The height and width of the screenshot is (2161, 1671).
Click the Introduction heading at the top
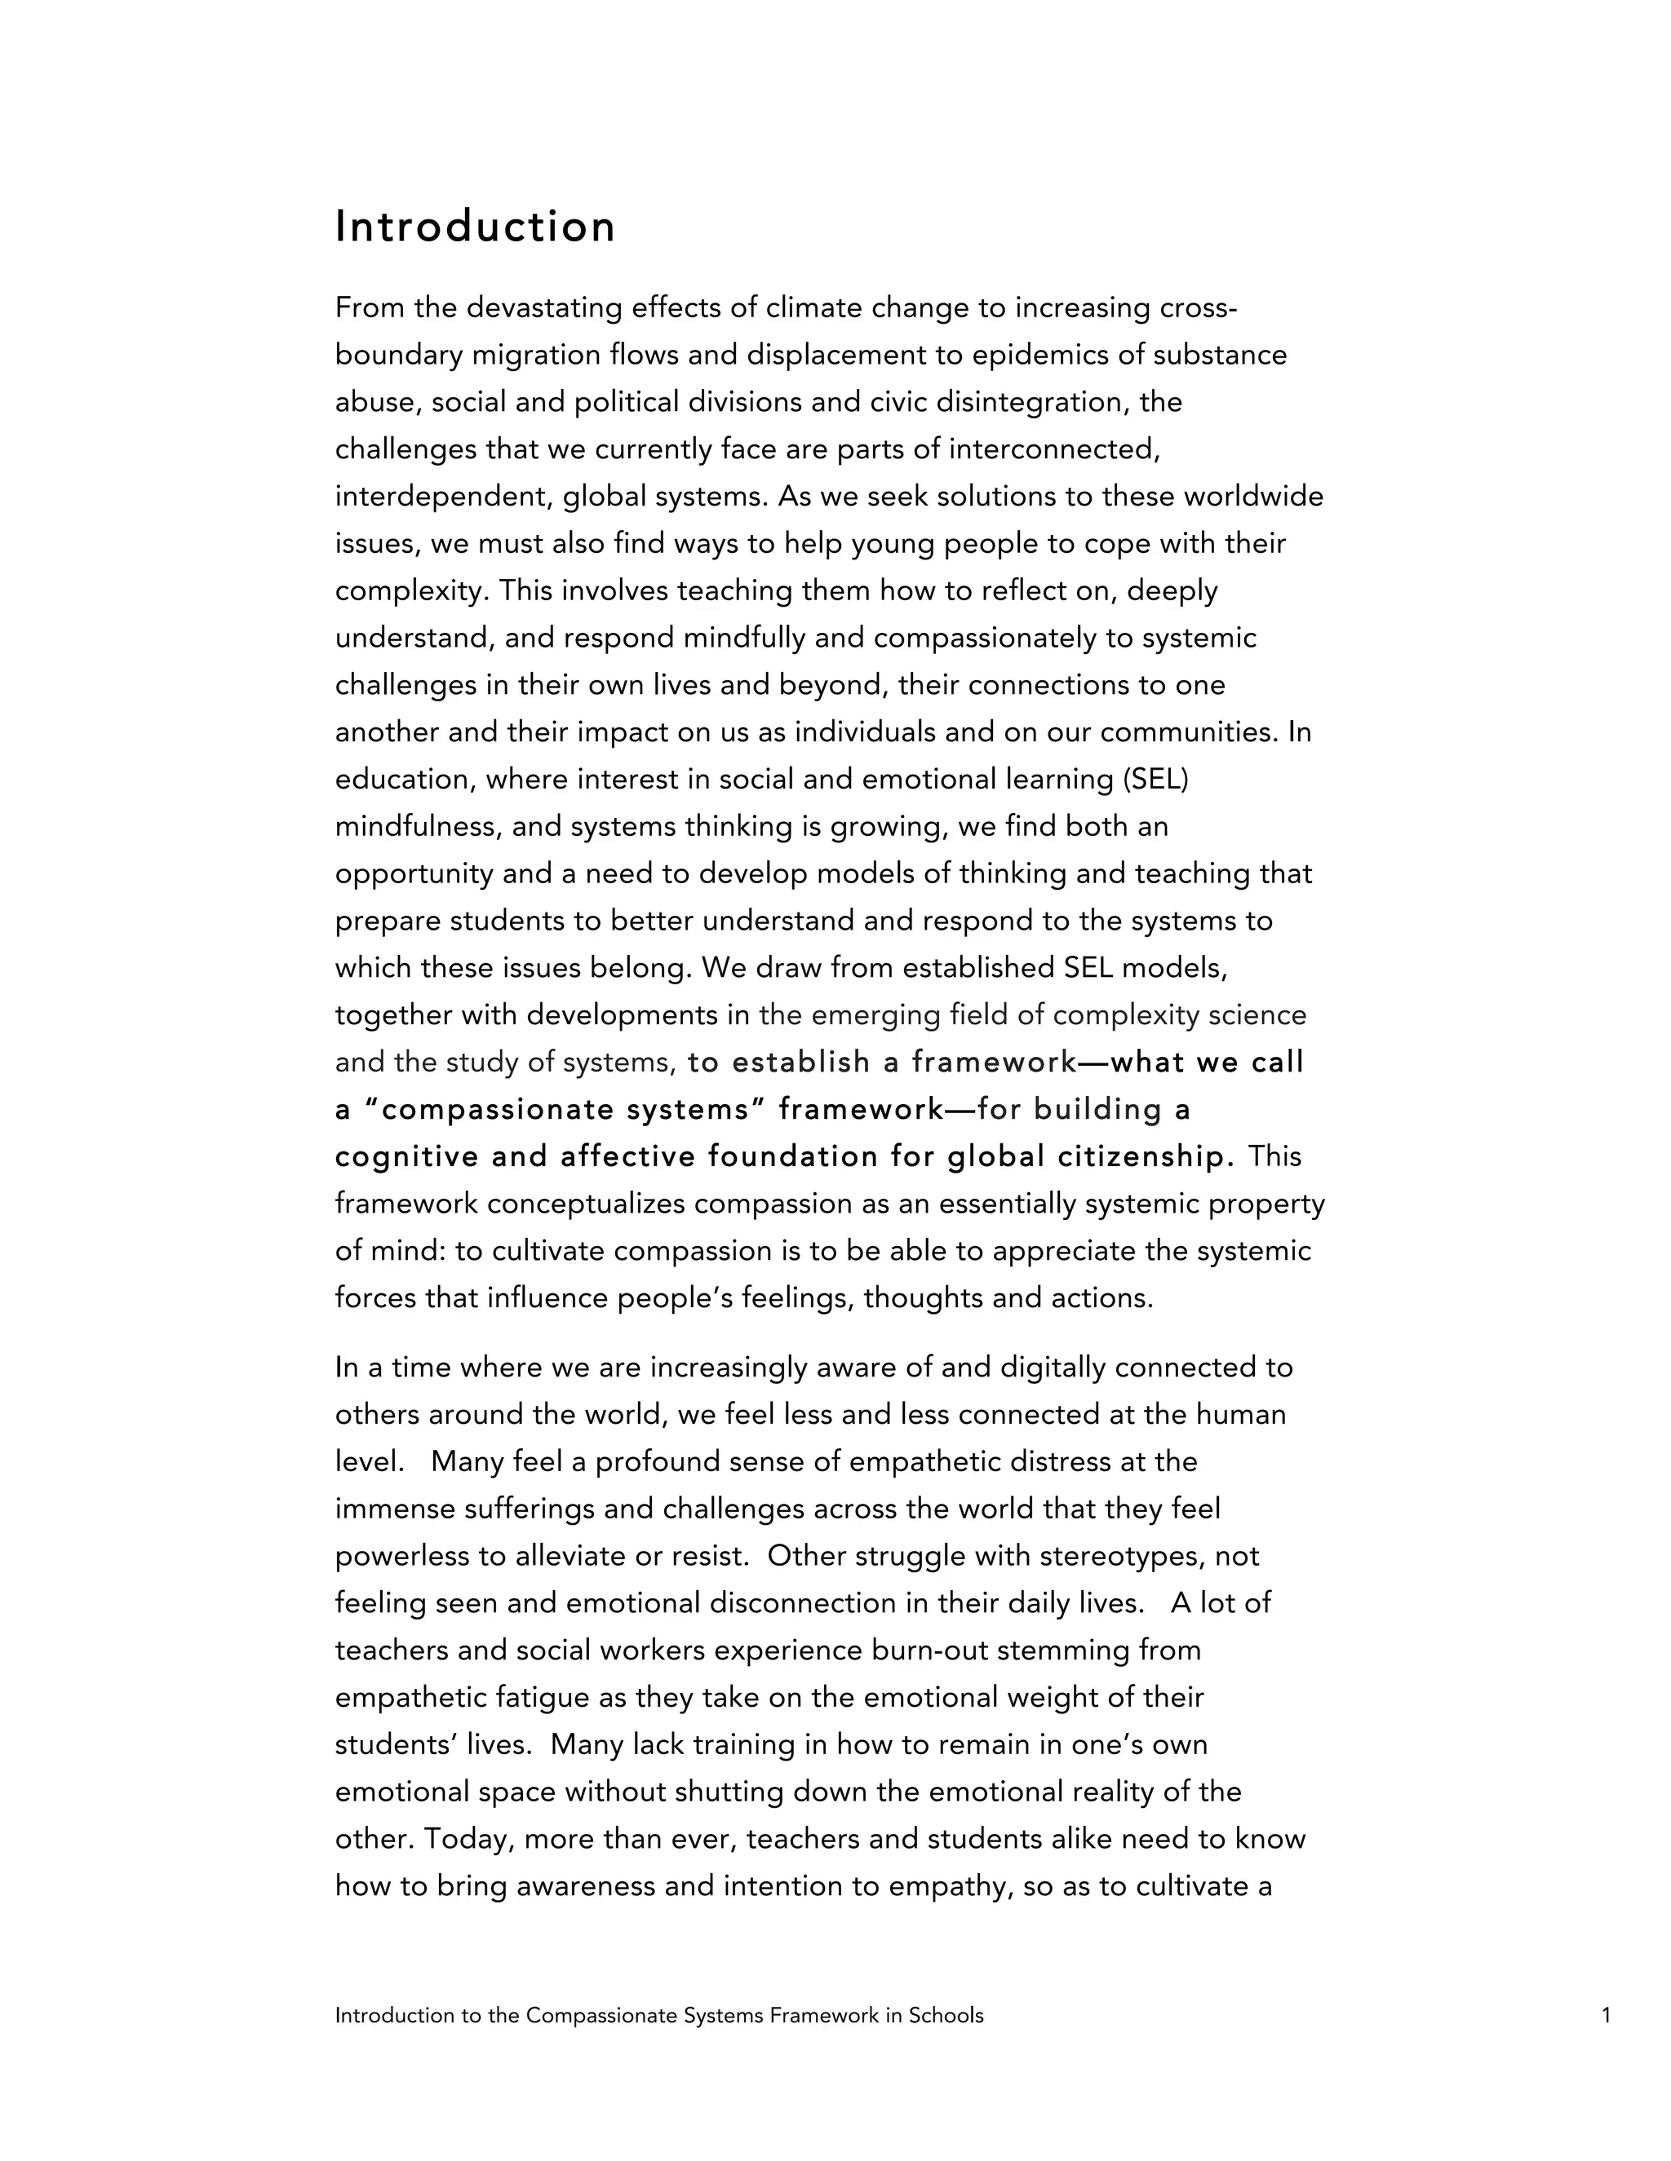475,227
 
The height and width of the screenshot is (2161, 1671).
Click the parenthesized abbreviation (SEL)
1155,780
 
